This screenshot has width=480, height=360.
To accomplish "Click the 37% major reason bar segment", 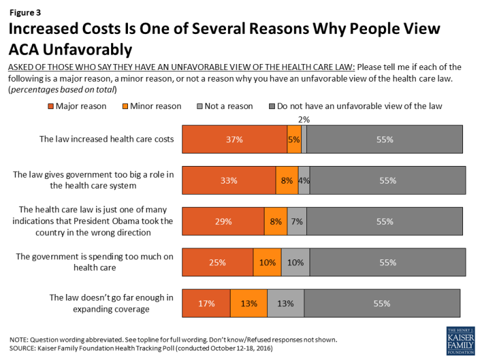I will [234, 139].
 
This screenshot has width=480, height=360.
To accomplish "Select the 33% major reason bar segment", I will [229, 180].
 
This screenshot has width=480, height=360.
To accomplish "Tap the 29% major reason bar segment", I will [223, 221].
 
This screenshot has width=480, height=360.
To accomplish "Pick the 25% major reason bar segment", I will [217, 262].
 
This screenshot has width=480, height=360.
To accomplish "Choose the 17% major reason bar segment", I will [206, 303].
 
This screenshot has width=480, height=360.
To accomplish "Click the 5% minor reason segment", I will [295, 139].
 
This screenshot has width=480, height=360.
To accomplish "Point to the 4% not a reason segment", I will [304, 180].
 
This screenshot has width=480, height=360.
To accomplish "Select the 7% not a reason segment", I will [296, 221].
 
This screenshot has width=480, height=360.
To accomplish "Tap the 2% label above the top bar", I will [304, 120].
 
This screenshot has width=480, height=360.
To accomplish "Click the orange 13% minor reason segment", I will [248, 303].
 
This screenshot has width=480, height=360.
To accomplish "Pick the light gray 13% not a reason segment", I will [285, 303].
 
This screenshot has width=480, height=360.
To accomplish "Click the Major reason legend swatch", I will [52, 106].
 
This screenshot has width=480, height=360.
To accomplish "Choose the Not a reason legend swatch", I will [199, 106].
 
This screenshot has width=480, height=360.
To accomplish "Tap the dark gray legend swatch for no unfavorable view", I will [270, 106].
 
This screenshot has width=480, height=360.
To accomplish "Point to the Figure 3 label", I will [24, 10].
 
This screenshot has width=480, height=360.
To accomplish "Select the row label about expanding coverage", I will [111, 303].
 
